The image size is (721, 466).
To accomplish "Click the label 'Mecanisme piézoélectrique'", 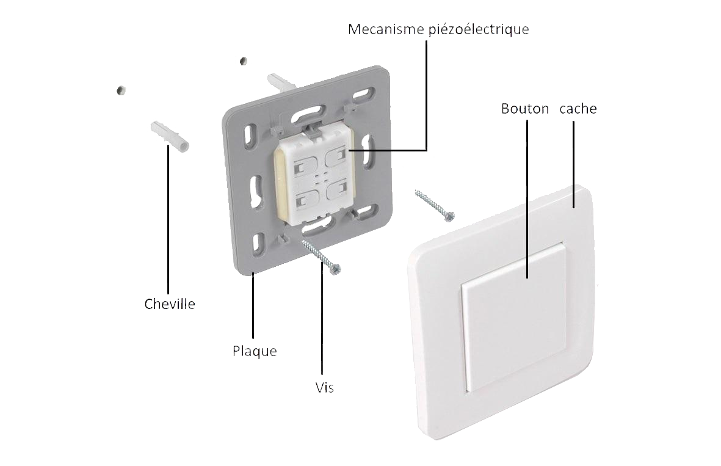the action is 438,29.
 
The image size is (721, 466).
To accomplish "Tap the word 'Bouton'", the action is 525,109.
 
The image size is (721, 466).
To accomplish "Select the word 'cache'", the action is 578,109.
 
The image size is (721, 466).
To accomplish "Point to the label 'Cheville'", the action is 170,304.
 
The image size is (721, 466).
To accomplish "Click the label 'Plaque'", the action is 255,351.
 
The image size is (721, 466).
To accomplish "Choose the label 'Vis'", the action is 325,388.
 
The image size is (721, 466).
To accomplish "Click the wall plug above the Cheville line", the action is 170,136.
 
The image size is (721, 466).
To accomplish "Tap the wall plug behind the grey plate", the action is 281,81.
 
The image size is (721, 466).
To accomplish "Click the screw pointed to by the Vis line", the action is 322,257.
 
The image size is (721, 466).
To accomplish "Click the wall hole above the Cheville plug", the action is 121,90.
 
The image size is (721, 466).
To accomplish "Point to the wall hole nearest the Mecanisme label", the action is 243,60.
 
